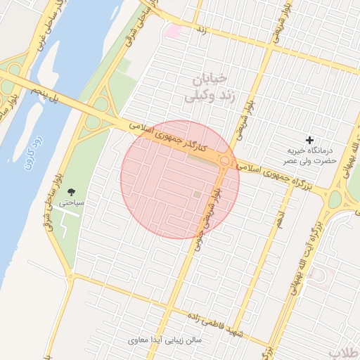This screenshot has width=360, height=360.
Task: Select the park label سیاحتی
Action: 72,202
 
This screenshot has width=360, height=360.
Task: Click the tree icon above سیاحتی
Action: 71,191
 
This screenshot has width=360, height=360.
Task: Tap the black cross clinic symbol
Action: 309,141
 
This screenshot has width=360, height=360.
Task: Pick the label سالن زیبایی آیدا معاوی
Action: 166,340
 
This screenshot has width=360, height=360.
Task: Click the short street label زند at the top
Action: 201,31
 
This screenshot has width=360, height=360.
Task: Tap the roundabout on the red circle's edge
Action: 225,162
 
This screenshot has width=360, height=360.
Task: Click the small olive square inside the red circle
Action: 197,194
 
